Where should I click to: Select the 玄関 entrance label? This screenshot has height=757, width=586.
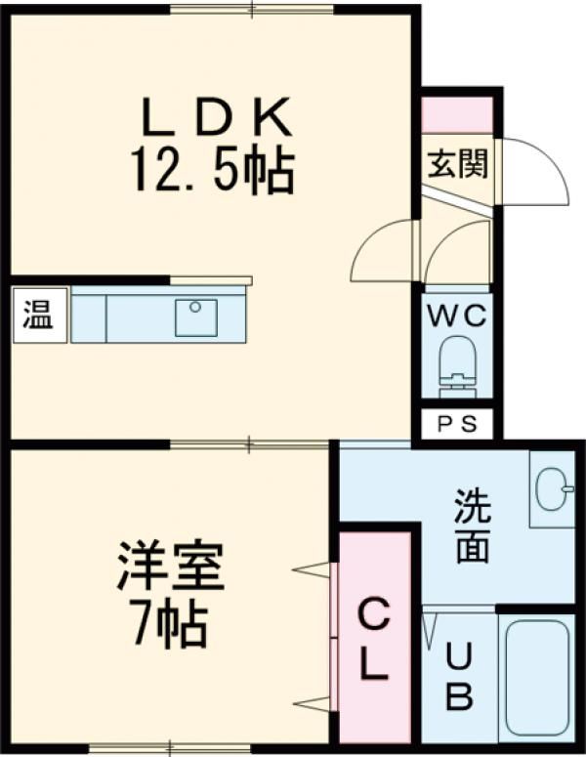click(455, 163)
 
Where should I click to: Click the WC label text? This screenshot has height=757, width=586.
click(456, 315)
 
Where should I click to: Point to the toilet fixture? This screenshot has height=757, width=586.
click(456, 365)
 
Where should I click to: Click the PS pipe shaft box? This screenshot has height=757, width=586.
click(456, 425)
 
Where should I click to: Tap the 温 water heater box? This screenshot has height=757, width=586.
click(39, 315)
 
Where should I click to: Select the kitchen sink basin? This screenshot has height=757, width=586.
click(195, 317)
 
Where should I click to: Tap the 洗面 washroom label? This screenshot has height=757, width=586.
click(472, 528)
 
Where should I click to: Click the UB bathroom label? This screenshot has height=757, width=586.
click(460, 675)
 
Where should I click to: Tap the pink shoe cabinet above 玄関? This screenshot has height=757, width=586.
click(456, 115)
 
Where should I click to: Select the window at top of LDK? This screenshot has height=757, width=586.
click(251, 10)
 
